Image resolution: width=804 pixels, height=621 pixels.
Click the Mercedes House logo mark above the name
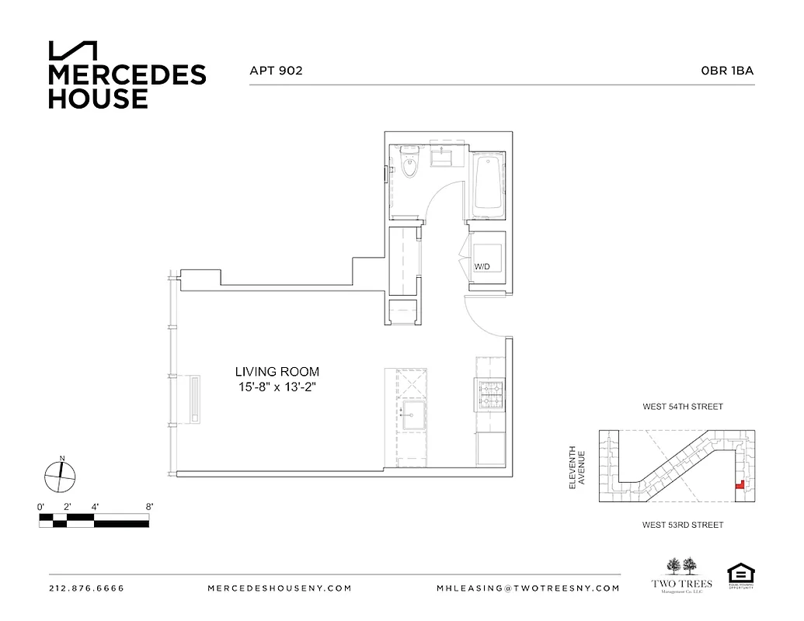(72, 50)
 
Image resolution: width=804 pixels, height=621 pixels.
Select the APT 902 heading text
(276, 71)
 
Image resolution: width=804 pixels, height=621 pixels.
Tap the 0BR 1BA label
(727, 71)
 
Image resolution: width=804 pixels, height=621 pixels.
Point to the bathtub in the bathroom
(488, 183)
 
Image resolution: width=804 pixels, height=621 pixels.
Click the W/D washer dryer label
(482, 267)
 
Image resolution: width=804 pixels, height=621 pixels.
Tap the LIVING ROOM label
(278, 372)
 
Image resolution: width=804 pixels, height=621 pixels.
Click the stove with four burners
(489, 394)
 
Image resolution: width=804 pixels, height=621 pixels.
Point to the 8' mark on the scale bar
(148, 507)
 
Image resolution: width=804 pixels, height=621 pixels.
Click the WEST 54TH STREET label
(682, 407)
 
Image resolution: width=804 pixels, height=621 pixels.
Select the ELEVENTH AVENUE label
(576, 467)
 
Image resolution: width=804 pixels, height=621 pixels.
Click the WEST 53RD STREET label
(682, 526)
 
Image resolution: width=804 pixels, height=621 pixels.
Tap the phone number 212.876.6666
(86, 588)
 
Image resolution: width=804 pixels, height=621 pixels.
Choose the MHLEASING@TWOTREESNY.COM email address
(528, 588)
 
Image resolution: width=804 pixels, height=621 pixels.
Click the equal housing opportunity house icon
(740, 574)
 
